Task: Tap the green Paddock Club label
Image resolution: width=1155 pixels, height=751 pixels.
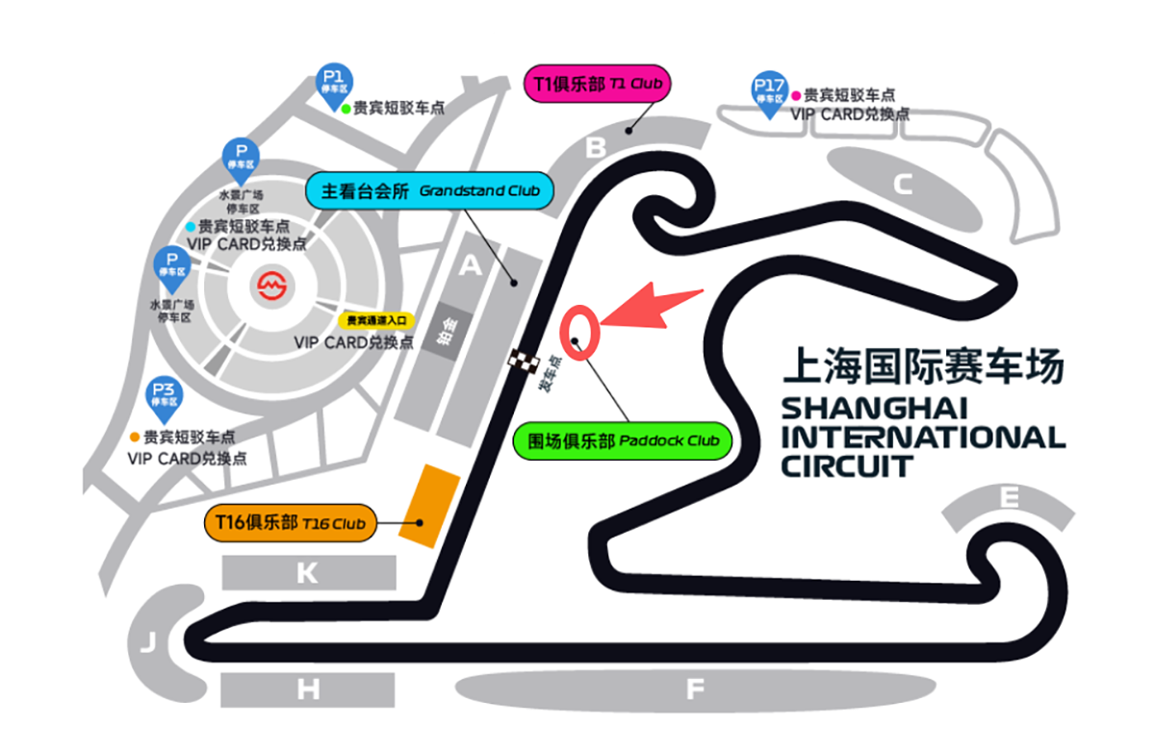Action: [x=623, y=441]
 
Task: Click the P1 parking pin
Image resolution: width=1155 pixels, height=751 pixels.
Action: [x=334, y=82]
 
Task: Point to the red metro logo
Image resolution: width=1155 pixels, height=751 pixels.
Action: [x=271, y=285]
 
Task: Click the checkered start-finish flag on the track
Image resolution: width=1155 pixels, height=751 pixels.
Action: [x=523, y=363]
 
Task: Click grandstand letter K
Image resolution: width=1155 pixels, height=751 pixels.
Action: [x=307, y=574]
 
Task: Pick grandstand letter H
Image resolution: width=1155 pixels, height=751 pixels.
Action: [x=307, y=689]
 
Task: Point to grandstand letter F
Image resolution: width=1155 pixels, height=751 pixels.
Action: [x=695, y=688]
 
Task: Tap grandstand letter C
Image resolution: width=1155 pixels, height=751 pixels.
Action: [x=902, y=184]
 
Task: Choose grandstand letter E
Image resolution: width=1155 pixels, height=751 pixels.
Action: [x=1009, y=498]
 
